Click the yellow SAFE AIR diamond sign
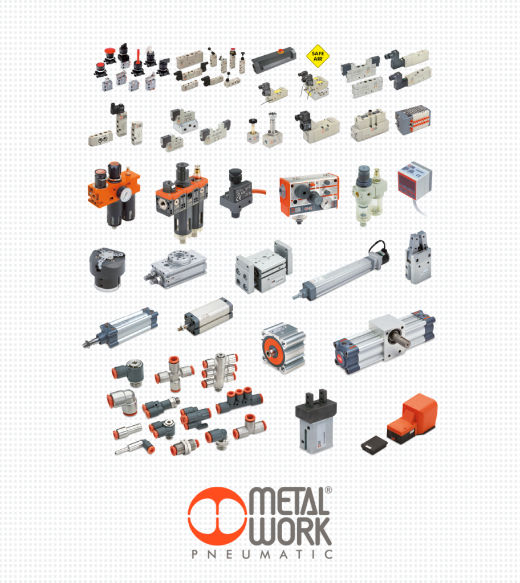pyautogui.click(x=318, y=56)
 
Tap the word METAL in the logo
pyautogui.click(x=289, y=502)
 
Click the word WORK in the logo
pyautogui.click(x=290, y=531)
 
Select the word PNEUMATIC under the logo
pyautogui.click(x=262, y=555)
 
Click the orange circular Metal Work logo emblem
pyautogui.click(x=217, y=516)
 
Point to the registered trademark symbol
pyautogui.click(x=328, y=490)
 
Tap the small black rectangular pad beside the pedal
pyautogui.click(x=374, y=444)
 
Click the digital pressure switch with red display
pyautogui.click(x=415, y=181)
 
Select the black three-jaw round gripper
pyautogui.click(x=107, y=269)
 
